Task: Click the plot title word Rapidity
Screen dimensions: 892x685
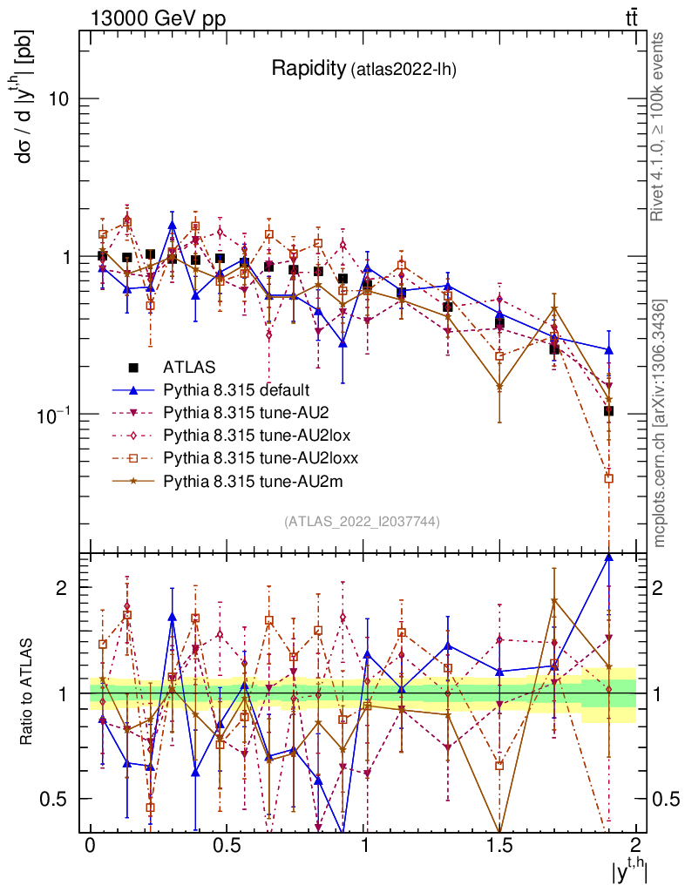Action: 308,69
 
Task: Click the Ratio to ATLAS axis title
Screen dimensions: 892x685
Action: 28,693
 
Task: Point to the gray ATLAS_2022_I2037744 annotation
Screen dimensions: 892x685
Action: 362,522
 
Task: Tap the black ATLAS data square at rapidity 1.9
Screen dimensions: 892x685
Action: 608,410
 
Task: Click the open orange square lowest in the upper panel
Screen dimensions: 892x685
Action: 608,478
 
